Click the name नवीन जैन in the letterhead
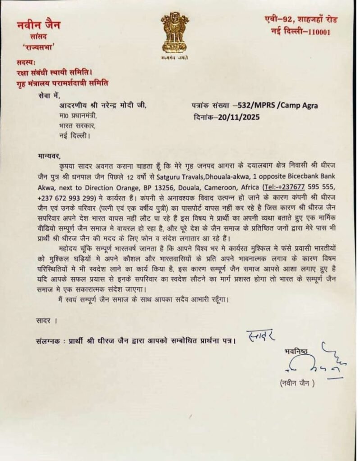click(x=38, y=25)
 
